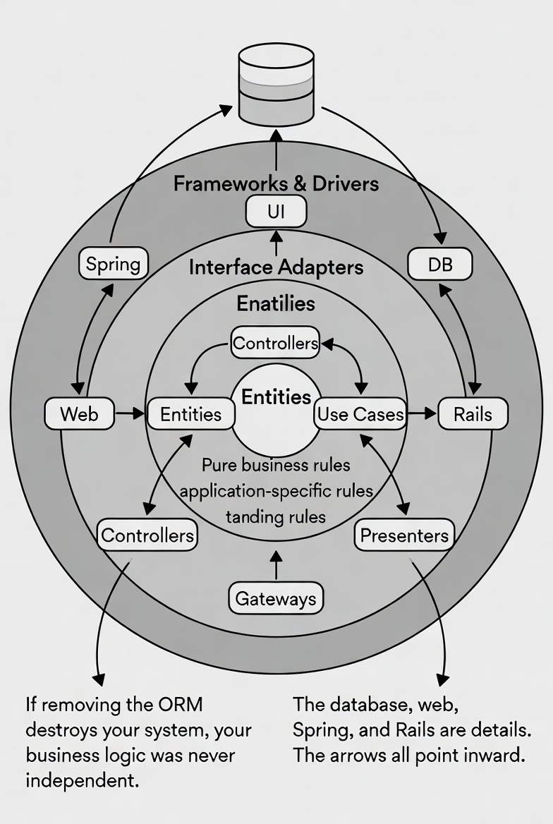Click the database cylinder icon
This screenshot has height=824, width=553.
click(276, 83)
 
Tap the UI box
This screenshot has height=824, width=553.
click(276, 212)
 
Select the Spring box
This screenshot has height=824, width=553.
click(113, 265)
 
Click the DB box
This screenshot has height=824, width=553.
click(440, 265)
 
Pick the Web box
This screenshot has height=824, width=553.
click(79, 413)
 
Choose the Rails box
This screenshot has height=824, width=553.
click(473, 413)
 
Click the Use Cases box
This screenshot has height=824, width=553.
click(360, 414)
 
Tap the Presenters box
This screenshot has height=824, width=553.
click(404, 535)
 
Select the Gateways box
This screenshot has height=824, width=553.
click(276, 599)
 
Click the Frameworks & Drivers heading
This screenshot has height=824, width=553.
click(276, 184)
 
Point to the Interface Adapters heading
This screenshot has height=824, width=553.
click(276, 267)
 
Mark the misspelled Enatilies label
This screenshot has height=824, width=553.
click(276, 303)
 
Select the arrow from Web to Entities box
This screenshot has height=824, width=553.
click(130, 413)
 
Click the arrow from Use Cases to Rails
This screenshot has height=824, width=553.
click(422, 413)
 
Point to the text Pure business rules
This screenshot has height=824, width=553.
click(276, 466)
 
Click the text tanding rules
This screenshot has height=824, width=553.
click(276, 516)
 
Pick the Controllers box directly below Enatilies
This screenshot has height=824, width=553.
click(276, 344)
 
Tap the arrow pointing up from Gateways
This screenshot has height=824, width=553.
click(276, 564)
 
